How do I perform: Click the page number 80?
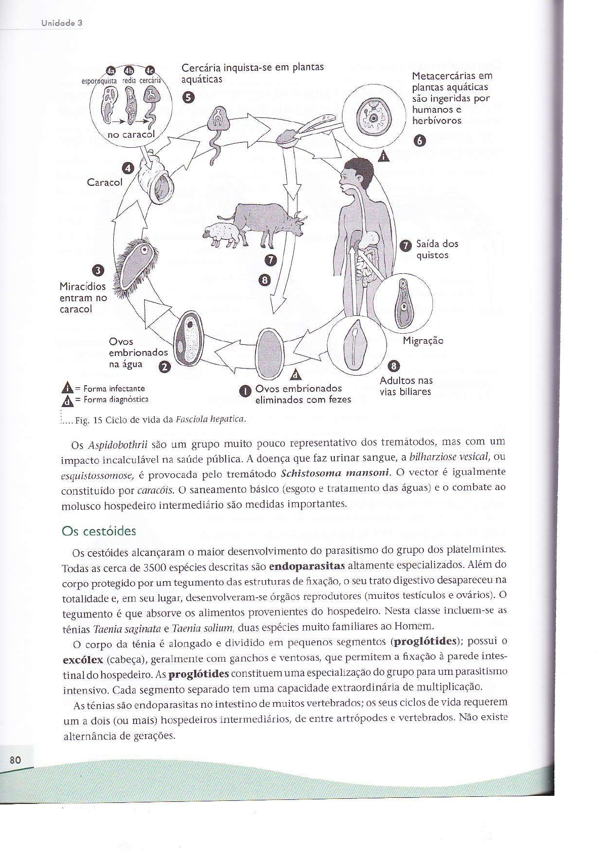pos(15,760)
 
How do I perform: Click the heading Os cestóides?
pos(99,531)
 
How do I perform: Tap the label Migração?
pos(423,341)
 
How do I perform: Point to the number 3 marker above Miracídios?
pos(98,271)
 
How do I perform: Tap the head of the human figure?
pos(359,175)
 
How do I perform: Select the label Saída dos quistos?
pos(437,249)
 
